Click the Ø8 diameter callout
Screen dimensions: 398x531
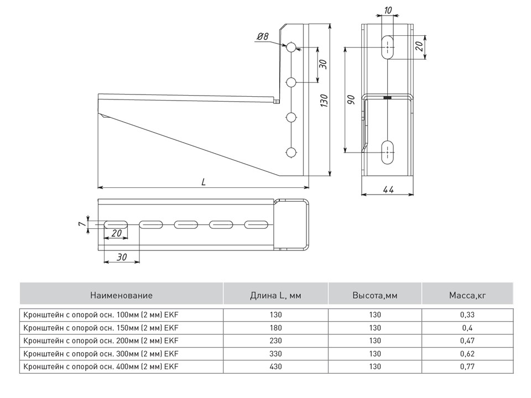pyautogui.click(x=262, y=37)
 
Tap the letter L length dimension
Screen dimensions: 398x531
pyautogui.click(x=203, y=181)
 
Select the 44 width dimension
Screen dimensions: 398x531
pyautogui.click(x=388, y=190)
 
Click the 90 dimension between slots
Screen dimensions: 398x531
pyautogui.click(x=351, y=99)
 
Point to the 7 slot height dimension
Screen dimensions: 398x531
pyautogui.click(x=81, y=223)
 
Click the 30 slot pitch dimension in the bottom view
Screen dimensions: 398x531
pyautogui.click(x=121, y=256)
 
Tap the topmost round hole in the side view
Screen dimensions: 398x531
pyautogui.click(x=291, y=47)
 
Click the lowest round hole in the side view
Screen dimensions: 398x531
pyautogui.click(x=291, y=152)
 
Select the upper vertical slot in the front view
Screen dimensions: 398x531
pyautogui.click(x=388, y=48)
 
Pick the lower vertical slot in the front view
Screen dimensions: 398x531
pyautogui.click(x=388, y=151)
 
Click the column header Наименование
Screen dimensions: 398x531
pyautogui.click(x=121, y=295)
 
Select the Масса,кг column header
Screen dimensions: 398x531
pyautogui.click(x=467, y=295)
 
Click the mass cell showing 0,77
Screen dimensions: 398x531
pyautogui.click(x=467, y=366)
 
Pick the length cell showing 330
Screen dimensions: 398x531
pyautogui.click(x=275, y=354)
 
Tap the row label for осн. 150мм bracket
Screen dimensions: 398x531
pyautogui.click(x=101, y=328)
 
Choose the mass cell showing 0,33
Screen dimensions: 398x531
pyautogui.click(x=467, y=315)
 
